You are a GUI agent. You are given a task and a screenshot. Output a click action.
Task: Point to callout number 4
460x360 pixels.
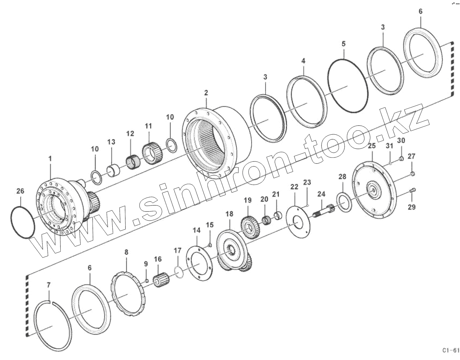click(304, 61)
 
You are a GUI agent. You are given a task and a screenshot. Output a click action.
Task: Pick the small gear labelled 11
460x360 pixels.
click(152, 152)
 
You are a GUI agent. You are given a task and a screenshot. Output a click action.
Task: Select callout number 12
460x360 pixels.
click(130, 134)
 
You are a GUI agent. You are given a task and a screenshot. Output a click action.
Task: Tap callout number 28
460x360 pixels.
click(342, 177)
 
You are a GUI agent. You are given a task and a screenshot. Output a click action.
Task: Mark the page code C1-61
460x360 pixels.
click(450, 350)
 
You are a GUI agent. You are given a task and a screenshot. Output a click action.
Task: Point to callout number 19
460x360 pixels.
click(247, 200)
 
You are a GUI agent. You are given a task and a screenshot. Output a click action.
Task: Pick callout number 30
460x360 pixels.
click(401, 140)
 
